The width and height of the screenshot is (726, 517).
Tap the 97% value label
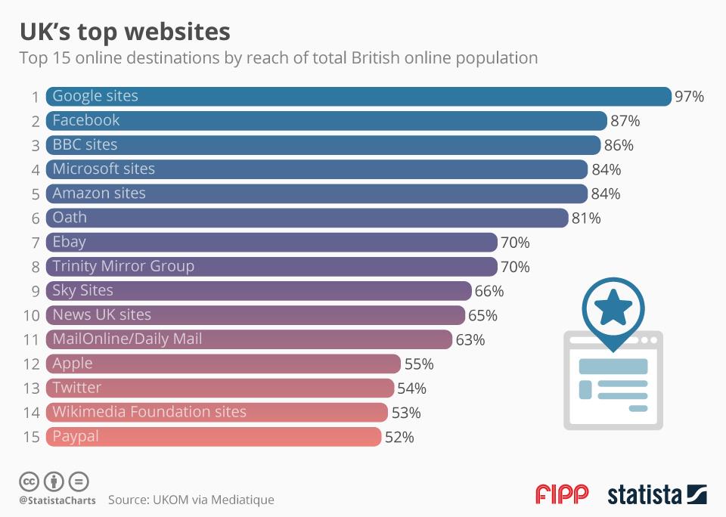(689, 97)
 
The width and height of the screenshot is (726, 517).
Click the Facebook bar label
(86, 120)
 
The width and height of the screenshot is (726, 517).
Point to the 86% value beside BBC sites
(619, 145)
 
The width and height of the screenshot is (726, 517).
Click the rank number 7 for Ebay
(35, 243)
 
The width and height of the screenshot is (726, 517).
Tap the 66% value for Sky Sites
(489, 291)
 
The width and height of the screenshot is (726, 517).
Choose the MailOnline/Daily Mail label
(127, 339)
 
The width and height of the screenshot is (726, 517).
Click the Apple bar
(223, 364)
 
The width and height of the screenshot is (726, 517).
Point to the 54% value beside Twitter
(411, 389)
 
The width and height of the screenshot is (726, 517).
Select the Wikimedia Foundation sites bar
(216, 412)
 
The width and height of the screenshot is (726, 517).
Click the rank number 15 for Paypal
(31, 437)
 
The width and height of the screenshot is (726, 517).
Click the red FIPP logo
(562, 495)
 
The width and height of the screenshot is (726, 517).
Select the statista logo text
(645, 495)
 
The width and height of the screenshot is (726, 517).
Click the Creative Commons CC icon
(29, 481)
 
